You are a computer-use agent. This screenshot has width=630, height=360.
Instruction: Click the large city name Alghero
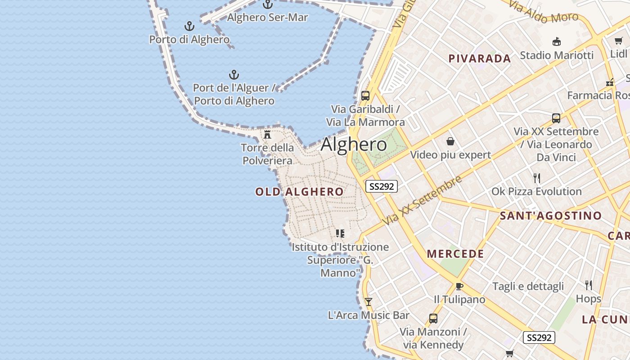[x=354, y=144]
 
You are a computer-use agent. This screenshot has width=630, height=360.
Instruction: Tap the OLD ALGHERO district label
[x=299, y=192]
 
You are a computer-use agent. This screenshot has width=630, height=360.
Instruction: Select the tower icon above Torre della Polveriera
[x=267, y=134]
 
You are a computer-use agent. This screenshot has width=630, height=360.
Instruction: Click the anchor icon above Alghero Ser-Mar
[x=268, y=4]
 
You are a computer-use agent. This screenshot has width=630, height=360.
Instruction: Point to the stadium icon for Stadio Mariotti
[x=557, y=42]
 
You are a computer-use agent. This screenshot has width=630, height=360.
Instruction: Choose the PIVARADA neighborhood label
[x=480, y=58]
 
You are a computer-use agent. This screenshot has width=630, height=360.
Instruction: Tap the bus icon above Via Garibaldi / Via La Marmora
[x=365, y=96]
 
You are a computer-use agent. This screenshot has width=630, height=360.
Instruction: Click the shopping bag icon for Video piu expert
[x=450, y=142]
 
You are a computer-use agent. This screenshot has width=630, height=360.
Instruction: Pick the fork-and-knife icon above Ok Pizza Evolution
[x=536, y=178]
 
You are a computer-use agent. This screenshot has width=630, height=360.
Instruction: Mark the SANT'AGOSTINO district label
[x=550, y=216]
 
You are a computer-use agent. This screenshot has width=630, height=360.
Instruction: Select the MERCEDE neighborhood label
[x=455, y=254]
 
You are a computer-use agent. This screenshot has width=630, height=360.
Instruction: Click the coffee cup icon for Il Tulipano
[x=459, y=286]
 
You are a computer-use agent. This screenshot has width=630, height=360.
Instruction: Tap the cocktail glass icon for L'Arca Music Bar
[x=369, y=302]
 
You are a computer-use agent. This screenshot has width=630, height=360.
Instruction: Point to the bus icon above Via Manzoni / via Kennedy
[x=433, y=319]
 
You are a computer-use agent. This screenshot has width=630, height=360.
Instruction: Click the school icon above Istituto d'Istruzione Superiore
[x=340, y=234]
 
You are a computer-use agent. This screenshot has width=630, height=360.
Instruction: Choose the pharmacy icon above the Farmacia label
[x=610, y=82]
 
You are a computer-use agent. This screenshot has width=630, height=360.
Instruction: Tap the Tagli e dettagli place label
[x=528, y=286]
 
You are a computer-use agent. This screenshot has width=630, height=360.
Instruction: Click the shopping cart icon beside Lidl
[x=619, y=41]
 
